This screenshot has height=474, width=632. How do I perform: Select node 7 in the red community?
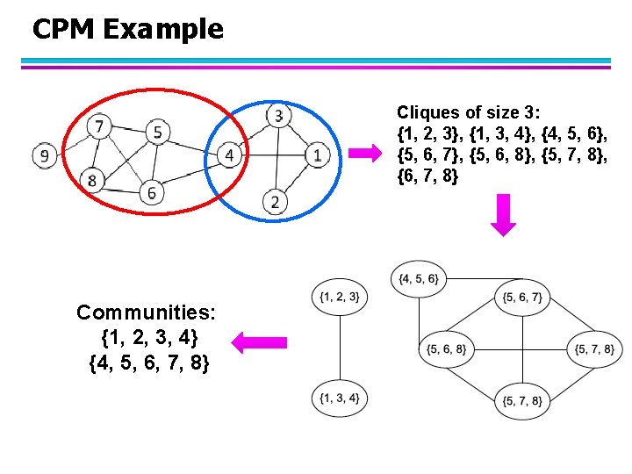tap(100, 127)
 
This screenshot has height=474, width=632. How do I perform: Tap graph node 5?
tap(156, 132)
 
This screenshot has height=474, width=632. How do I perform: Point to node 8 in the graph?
tap(91, 181)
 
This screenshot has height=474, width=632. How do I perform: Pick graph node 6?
tap(151, 192)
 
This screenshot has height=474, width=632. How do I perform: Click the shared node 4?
tap(228, 155)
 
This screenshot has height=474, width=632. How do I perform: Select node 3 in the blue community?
tap(278, 115)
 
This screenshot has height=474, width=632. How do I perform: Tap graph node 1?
tap(317, 156)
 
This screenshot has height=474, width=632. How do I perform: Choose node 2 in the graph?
tap(276, 202)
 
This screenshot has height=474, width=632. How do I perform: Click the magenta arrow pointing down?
tap(503, 216)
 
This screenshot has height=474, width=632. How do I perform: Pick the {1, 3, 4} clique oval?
tap(340, 399)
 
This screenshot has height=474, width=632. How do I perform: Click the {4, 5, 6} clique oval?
tap(420, 278)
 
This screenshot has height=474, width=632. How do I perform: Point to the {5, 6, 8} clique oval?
tap(446, 348)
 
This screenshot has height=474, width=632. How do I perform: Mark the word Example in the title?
tap(163, 29)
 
